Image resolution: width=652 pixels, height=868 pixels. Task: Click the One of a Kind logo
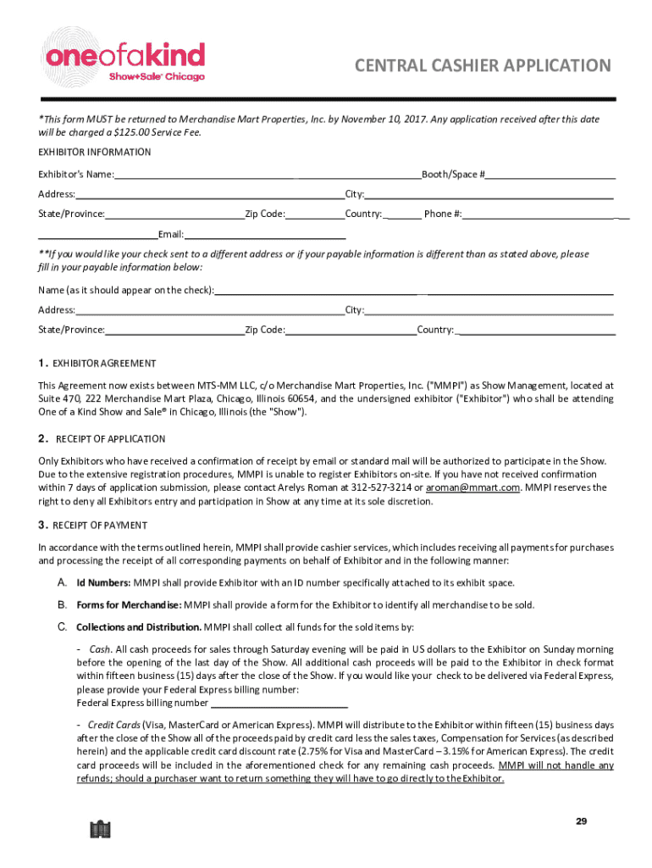pyautogui.click(x=125, y=61)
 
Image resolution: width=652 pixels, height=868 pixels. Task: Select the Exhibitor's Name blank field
pyautogui.click(x=267, y=175)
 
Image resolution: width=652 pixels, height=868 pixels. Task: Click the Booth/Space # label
pyautogui.click(x=453, y=175)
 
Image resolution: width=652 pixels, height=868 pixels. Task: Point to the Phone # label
pyautogui.click(x=443, y=214)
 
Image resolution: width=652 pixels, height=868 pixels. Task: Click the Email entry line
pyautogui.click(x=265, y=234)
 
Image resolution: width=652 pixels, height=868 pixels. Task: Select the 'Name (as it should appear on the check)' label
pyautogui.click(x=126, y=291)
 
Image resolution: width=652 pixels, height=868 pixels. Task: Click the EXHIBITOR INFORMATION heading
pyautogui.click(x=95, y=153)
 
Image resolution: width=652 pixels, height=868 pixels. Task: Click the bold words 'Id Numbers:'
pyautogui.click(x=103, y=583)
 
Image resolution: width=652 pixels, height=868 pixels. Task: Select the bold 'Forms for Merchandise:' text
pyautogui.click(x=129, y=605)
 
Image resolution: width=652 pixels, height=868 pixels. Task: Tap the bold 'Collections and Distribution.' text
pyautogui.click(x=139, y=627)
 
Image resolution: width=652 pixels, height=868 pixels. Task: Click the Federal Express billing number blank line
pyautogui.click(x=279, y=703)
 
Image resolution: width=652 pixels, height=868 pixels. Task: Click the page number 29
pyautogui.click(x=581, y=821)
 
